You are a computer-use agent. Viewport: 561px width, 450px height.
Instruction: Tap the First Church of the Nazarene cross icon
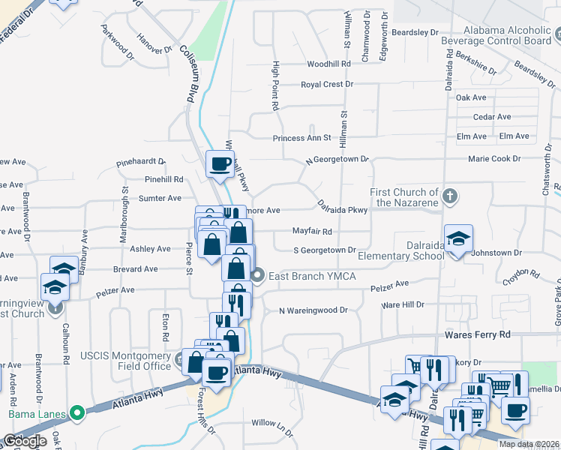(449, 196)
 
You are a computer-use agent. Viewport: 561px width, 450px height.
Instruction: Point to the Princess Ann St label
(301, 138)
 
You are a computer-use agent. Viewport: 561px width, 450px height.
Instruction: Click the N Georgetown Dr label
(337, 160)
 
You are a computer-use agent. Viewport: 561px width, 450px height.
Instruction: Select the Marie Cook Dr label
(494, 159)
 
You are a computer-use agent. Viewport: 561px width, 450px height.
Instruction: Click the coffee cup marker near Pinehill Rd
(220, 164)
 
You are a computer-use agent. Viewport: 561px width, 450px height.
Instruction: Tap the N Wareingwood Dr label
(313, 310)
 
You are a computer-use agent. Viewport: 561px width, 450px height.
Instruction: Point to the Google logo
(25, 441)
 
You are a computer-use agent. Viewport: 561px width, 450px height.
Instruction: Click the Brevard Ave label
(135, 268)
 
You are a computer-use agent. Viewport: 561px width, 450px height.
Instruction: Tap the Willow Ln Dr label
(272, 423)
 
